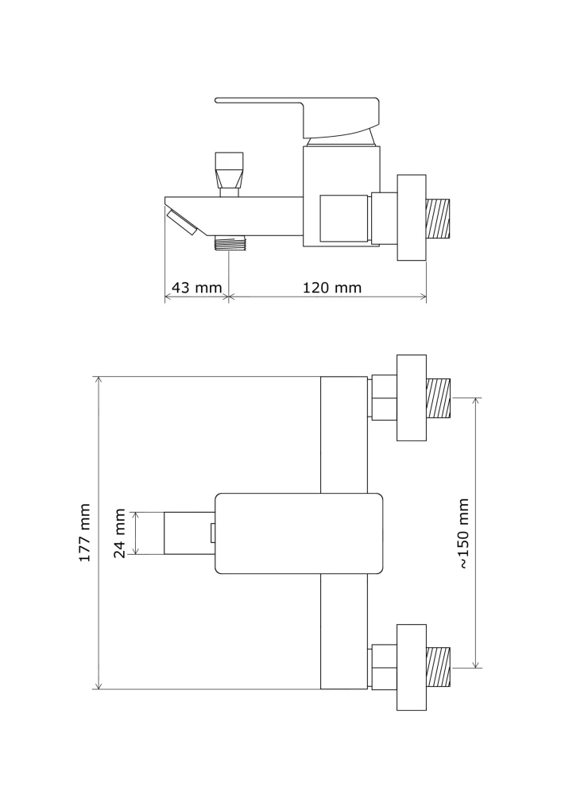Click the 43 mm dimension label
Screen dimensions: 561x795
pyautogui.click(x=196, y=288)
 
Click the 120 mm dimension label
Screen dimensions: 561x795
pyautogui.click(x=332, y=288)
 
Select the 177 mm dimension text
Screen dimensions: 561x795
pyautogui.click(x=85, y=533)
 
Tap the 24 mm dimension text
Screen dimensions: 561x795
pyautogui.click(x=119, y=533)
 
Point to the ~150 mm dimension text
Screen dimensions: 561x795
pyautogui.click(x=464, y=533)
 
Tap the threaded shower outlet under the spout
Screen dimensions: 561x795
pyautogui.click(x=229, y=242)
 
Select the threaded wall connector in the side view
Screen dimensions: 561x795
pyautogui.click(x=439, y=219)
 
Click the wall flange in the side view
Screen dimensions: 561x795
pyautogui.click(x=411, y=218)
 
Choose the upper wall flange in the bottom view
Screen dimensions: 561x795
pyautogui.click(x=411, y=397)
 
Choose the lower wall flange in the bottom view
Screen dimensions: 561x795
pyautogui.click(x=411, y=667)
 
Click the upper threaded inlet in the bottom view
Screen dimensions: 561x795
pyautogui.click(x=439, y=398)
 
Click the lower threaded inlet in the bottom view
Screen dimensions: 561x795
pyautogui.click(x=439, y=668)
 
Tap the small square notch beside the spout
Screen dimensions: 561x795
pyautogui.click(x=213, y=533)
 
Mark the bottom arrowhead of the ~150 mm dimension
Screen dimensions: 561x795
pyautogui.click(x=475, y=664)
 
